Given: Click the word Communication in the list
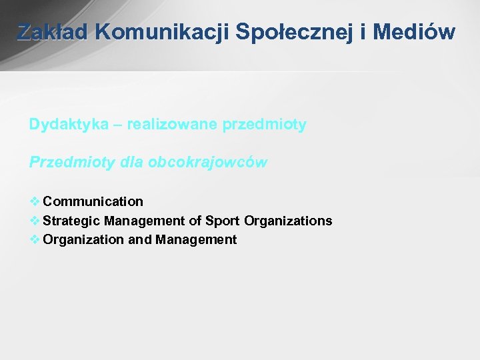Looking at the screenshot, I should [93, 201].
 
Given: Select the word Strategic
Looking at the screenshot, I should [71, 221].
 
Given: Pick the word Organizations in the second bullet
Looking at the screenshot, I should [288, 221].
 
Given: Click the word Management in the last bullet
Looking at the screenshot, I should [196, 240].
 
